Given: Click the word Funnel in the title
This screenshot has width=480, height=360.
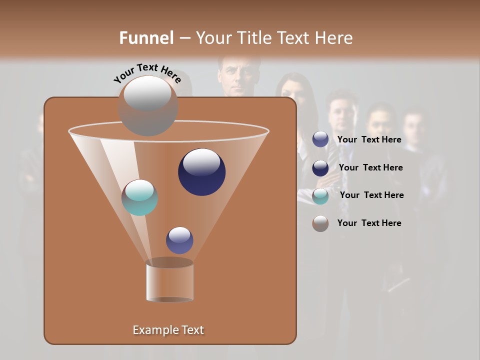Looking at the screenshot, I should pos(146,38).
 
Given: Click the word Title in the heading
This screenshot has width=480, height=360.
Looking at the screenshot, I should pos(255,38).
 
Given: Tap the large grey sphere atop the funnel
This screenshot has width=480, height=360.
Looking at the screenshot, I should pos(147,105).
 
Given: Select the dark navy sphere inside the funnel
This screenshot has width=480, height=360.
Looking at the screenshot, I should pos(201,171).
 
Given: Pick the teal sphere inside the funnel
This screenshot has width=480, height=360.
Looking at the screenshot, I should pos(140,197).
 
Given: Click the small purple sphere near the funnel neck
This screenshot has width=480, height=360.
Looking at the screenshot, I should pos(179,240).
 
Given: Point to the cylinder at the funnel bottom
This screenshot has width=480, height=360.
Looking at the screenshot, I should pos(169,280).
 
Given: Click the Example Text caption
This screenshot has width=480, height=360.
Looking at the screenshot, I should pos(168,330).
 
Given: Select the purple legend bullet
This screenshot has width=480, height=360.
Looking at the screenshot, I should pos(320,139).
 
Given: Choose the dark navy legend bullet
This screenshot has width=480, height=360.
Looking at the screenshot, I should pos(320,167).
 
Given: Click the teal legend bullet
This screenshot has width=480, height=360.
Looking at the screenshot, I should pos(320,195).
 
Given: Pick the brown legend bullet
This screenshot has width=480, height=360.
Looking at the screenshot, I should pos(320,223).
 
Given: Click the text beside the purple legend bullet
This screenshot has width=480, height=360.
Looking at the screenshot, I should pos(369,140).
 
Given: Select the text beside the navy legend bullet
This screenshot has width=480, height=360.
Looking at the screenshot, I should pos(370,168).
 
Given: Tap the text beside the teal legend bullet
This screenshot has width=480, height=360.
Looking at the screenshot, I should pos(371,195).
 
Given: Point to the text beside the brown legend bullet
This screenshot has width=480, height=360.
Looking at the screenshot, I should pos(369,223).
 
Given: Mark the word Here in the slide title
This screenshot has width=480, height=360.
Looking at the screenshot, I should pos(334,38).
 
